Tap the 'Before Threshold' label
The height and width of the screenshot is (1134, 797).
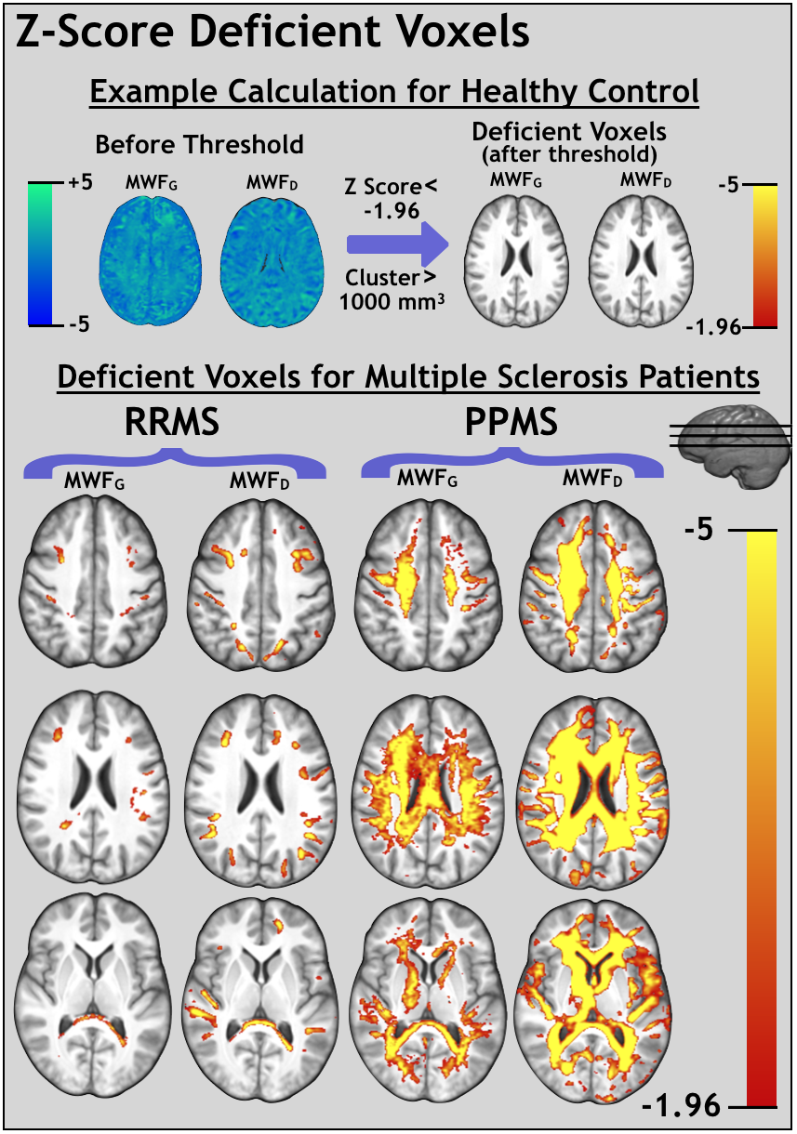coord(199,144)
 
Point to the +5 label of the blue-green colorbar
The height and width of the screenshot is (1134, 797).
coord(80,183)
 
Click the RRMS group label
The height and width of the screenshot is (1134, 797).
coord(173,423)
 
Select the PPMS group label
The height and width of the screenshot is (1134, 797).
coord(511,423)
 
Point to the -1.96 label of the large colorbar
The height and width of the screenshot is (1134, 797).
coord(681,1106)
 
